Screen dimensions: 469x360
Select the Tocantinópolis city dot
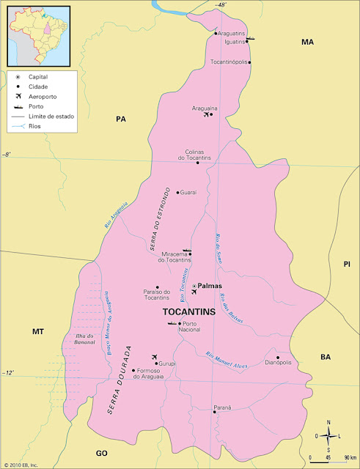250,62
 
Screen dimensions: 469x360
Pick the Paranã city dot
214,412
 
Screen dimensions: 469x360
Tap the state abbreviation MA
307,43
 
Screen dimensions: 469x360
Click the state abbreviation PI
348,264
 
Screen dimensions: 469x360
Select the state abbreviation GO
102,454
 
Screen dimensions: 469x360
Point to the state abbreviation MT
38,332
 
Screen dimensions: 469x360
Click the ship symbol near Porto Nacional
172,322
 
